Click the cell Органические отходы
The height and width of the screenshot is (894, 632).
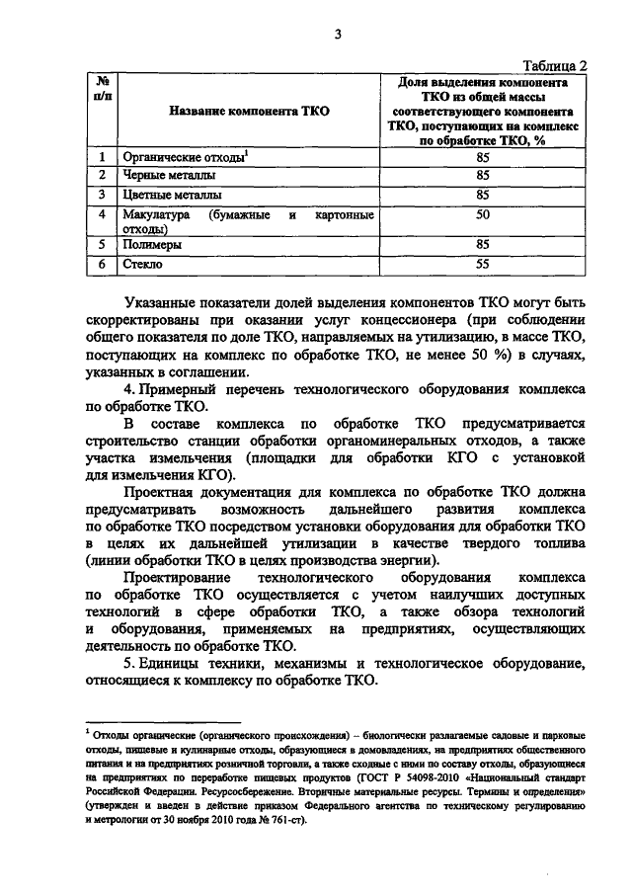click(x=183, y=156)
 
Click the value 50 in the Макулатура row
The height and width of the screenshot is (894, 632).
click(x=482, y=214)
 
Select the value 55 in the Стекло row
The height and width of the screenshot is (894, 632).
click(x=482, y=265)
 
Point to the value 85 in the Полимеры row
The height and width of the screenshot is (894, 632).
click(x=482, y=245)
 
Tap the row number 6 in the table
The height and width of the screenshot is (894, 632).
click(x=103, y=265)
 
